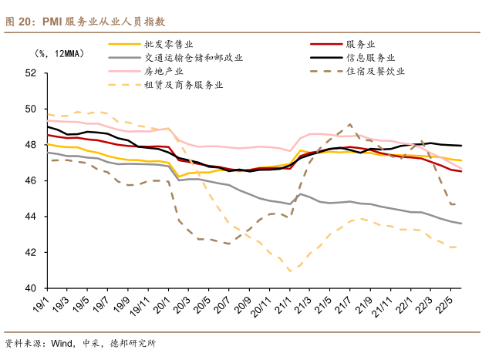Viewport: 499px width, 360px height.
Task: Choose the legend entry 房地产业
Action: click(x=163, y=71)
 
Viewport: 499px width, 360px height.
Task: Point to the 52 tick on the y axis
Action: click(x=31, y=73)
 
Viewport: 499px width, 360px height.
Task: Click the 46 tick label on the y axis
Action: click(x=31, y=180)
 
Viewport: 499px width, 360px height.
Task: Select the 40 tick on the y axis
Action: click(x=31, y=288)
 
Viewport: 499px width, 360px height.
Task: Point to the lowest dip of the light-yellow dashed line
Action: click(x=290, y=271)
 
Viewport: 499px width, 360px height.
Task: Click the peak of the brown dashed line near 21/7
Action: click(x=350, y=124)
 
